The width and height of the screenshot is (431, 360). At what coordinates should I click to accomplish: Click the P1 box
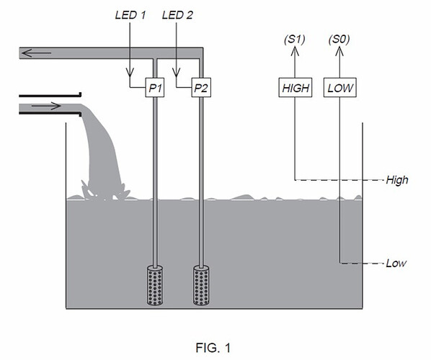coord(156,88)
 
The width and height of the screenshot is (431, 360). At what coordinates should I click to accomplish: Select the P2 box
coord(201,88)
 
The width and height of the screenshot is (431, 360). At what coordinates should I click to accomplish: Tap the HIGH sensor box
coord(295,88)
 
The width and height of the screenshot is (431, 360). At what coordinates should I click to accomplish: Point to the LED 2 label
coord(177,14)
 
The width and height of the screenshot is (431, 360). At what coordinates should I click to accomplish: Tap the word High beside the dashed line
coord(397,180)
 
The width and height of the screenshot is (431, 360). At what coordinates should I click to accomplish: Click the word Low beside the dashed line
coord(396,264)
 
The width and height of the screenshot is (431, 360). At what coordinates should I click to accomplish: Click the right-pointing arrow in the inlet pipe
coord(48,107)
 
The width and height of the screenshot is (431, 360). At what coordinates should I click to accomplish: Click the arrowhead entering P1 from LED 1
coord(130,73)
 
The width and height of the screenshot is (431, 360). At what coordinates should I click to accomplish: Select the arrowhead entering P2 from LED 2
coord(177,73)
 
